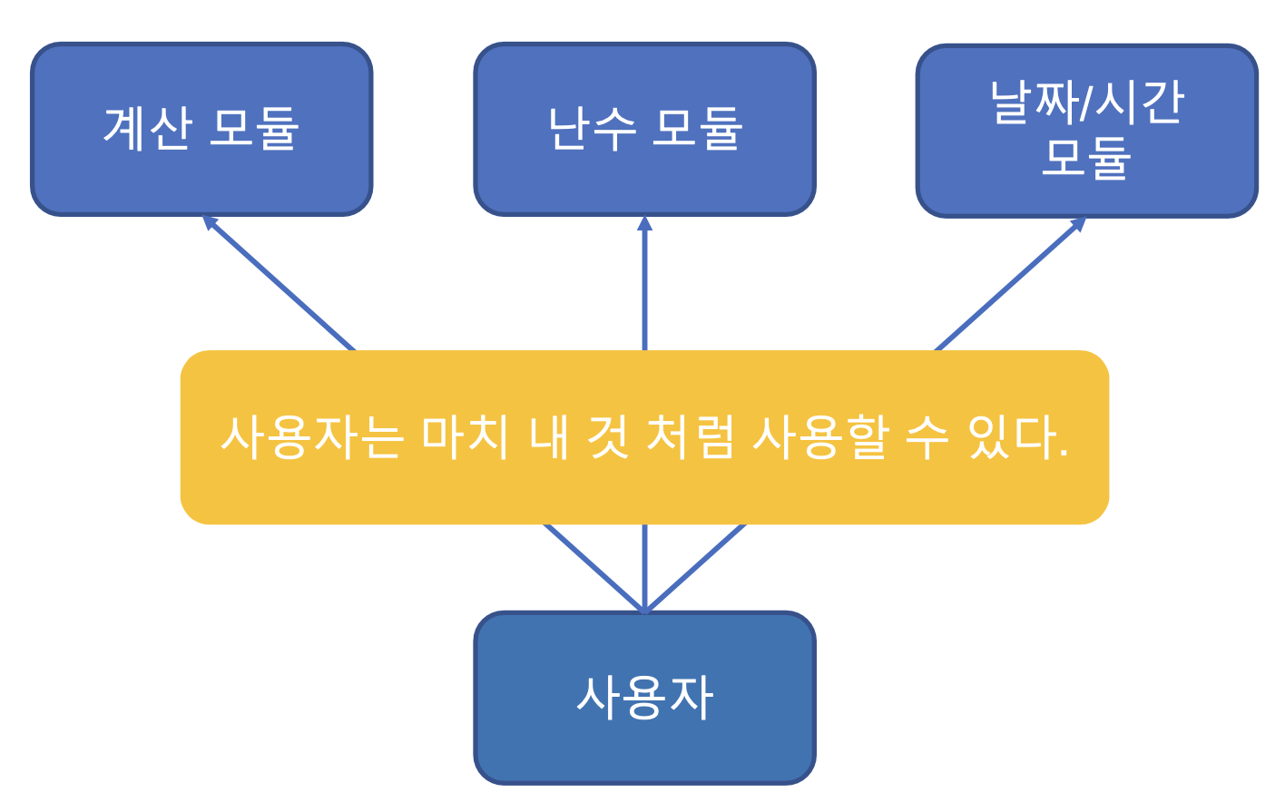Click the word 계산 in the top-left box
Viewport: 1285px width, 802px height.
coord(148,128)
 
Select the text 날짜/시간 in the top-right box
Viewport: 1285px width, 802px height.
coord(1086,102)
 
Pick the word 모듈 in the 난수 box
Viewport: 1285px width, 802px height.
coord(698,128)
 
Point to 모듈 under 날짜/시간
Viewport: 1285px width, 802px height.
coord(1086,159)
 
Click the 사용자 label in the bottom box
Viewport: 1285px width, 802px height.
coord(644,698)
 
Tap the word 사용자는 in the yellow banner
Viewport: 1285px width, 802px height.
coord(311,436)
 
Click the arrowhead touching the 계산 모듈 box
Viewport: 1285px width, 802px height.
coord(209,221)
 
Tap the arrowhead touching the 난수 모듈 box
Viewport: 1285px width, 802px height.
coord(644,222)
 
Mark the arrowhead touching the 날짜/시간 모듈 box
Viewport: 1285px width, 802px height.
coord(1078,223)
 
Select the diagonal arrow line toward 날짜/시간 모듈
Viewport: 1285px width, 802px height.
coord(1007,286)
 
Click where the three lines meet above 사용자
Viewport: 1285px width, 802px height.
coord(644,611)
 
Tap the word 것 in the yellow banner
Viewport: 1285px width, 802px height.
coord(607,436)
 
